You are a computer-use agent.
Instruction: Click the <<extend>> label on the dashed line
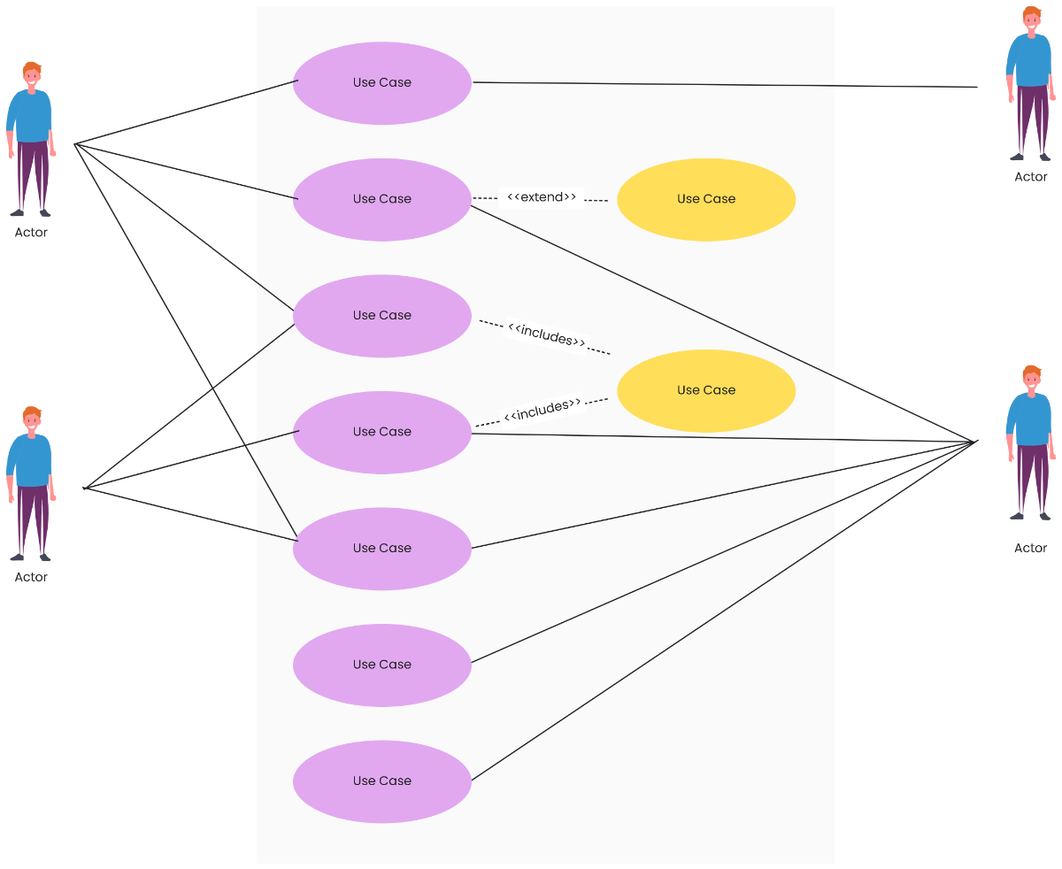coord(542,197)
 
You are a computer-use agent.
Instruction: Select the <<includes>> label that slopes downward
coord(546,335)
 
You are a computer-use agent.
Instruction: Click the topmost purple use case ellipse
coord(382,82)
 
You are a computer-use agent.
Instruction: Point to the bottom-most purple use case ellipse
coord(382,781)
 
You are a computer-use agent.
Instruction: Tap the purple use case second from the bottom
coord(382,665)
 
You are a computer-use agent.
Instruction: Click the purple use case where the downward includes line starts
coord(382,316)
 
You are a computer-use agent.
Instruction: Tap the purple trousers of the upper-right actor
coord(1031,119)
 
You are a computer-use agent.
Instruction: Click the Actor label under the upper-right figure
coord(1031,177)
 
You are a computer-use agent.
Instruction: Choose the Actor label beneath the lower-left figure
coord(31,577)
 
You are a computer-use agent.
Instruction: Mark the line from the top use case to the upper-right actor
coord(726,85)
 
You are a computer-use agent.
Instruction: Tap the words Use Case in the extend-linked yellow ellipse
coord(706,199)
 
